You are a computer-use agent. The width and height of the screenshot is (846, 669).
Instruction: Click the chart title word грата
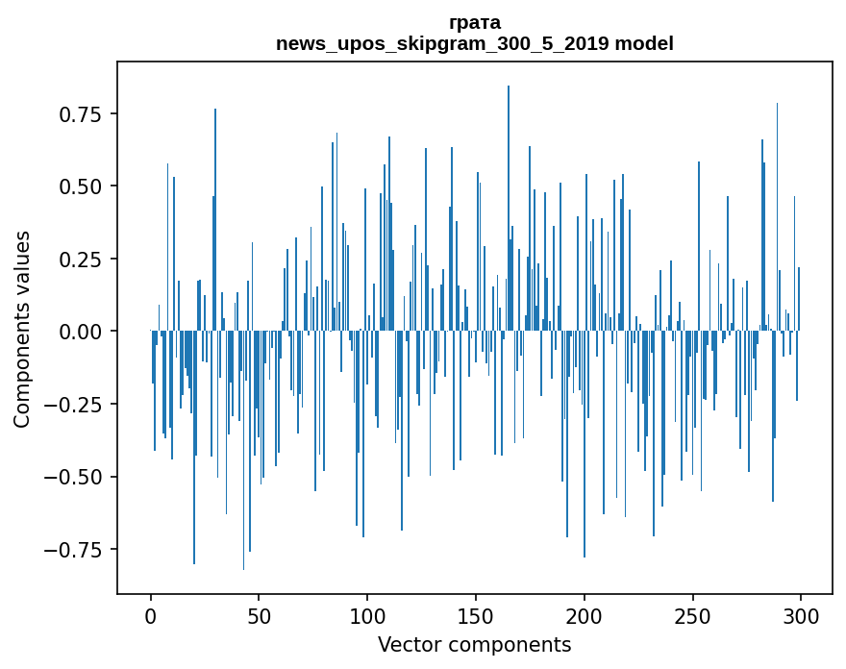click(474, 22)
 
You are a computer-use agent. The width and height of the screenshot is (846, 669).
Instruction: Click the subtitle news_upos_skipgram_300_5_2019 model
click(474, 43)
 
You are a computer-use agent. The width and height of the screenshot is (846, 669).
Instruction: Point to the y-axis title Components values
click(22, 329)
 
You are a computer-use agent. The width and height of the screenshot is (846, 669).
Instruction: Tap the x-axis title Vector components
click(474, 645)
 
